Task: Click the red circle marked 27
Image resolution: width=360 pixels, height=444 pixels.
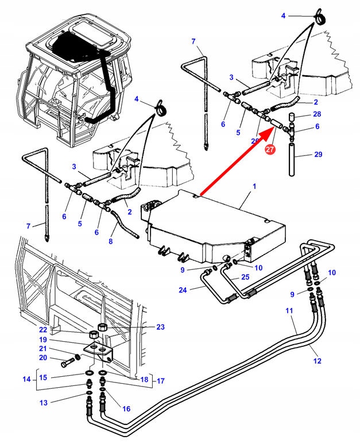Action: tap(270, 150)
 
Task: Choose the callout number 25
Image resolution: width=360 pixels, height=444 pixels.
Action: tap(245, 277)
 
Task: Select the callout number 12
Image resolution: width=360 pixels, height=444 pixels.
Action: tap(318, 361)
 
